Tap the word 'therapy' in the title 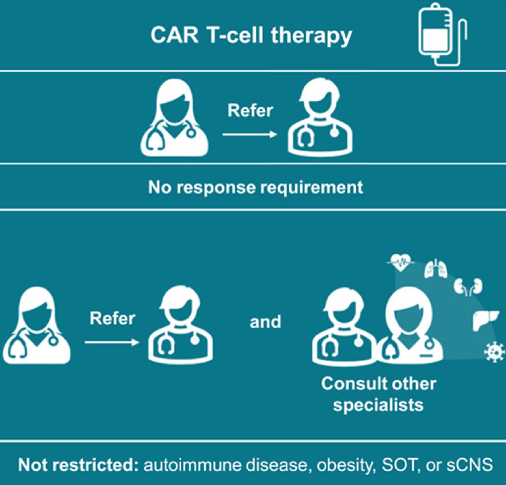coord(311,36)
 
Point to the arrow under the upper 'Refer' coord(250,135)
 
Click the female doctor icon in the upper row coord(174,117)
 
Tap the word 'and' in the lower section coord(265,322)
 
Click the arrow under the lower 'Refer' coord(112,343)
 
